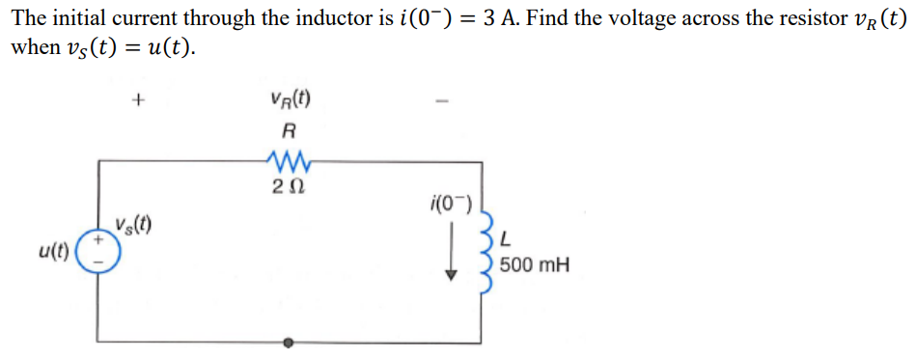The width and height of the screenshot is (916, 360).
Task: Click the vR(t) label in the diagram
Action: coord(291,99)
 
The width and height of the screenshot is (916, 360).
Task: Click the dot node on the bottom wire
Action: coord(288,342)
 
